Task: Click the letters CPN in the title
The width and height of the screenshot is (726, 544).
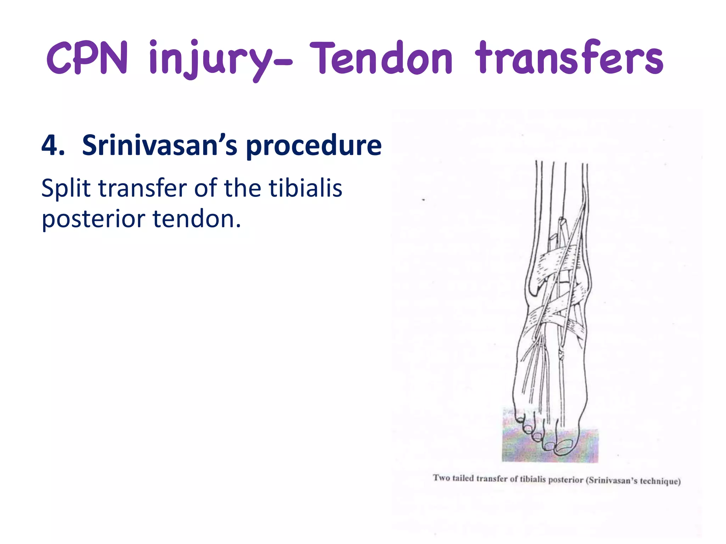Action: click(87, 58)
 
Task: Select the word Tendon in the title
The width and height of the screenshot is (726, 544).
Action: click(381, 58)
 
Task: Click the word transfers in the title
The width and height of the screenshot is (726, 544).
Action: click(569, 58)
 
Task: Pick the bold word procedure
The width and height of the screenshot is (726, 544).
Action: click(314, 146)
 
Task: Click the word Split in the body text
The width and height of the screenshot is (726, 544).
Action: click(66, 188)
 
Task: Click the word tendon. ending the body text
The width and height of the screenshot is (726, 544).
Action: click(197, 219)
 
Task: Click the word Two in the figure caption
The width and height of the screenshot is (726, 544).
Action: click(441, 478)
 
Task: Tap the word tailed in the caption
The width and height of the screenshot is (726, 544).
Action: click(463, 478)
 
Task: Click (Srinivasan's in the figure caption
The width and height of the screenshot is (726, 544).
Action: click(611, 480)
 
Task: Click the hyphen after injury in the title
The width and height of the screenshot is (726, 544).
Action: click(284, 63)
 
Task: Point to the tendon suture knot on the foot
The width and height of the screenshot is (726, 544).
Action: click(561, 354)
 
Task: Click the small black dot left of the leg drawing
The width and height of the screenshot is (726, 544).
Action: click(423, 200)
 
